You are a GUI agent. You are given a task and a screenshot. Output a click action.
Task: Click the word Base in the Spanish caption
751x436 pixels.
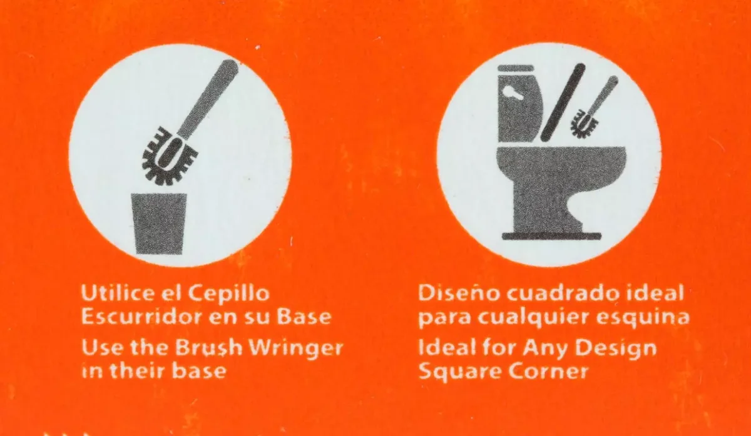[x=304, y=317]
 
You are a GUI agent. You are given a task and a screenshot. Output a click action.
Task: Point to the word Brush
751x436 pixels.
[x=208, y=348]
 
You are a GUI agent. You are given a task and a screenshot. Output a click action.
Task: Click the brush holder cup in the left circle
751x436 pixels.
[x=159, y=224]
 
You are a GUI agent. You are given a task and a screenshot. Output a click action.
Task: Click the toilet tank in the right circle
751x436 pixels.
[x=519, y=104]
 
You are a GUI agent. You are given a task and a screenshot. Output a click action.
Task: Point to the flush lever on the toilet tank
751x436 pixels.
[x=514, y=93]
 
